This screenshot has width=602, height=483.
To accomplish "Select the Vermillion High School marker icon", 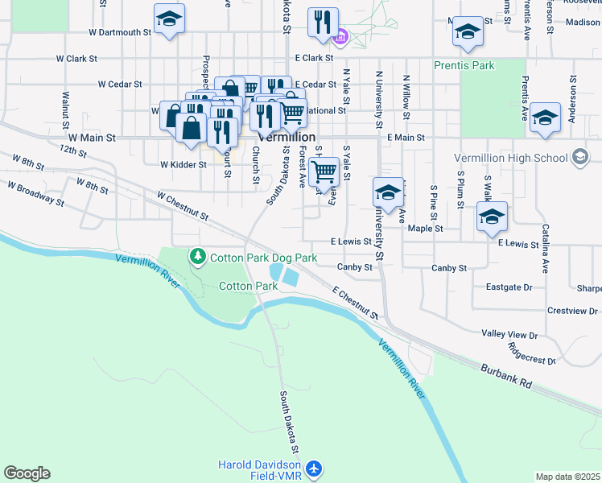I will [x=579, y=159].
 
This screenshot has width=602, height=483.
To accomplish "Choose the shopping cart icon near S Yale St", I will [x=324, y=170].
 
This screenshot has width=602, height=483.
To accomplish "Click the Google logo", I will [x=27, y=473].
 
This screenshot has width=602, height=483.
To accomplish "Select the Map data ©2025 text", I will [x=567, y=477].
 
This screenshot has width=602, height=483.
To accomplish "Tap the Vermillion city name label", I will [x=286, y=138].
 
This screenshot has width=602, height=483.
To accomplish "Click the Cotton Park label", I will [x=248, y=286].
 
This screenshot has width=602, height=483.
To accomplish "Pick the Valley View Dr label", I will [x=509, y=333].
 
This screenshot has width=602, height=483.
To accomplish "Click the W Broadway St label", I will [x=35, y=192].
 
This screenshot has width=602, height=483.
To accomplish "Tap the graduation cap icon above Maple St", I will [x=492, y=216].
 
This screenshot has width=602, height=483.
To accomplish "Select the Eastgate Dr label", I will [x=509, y=287].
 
